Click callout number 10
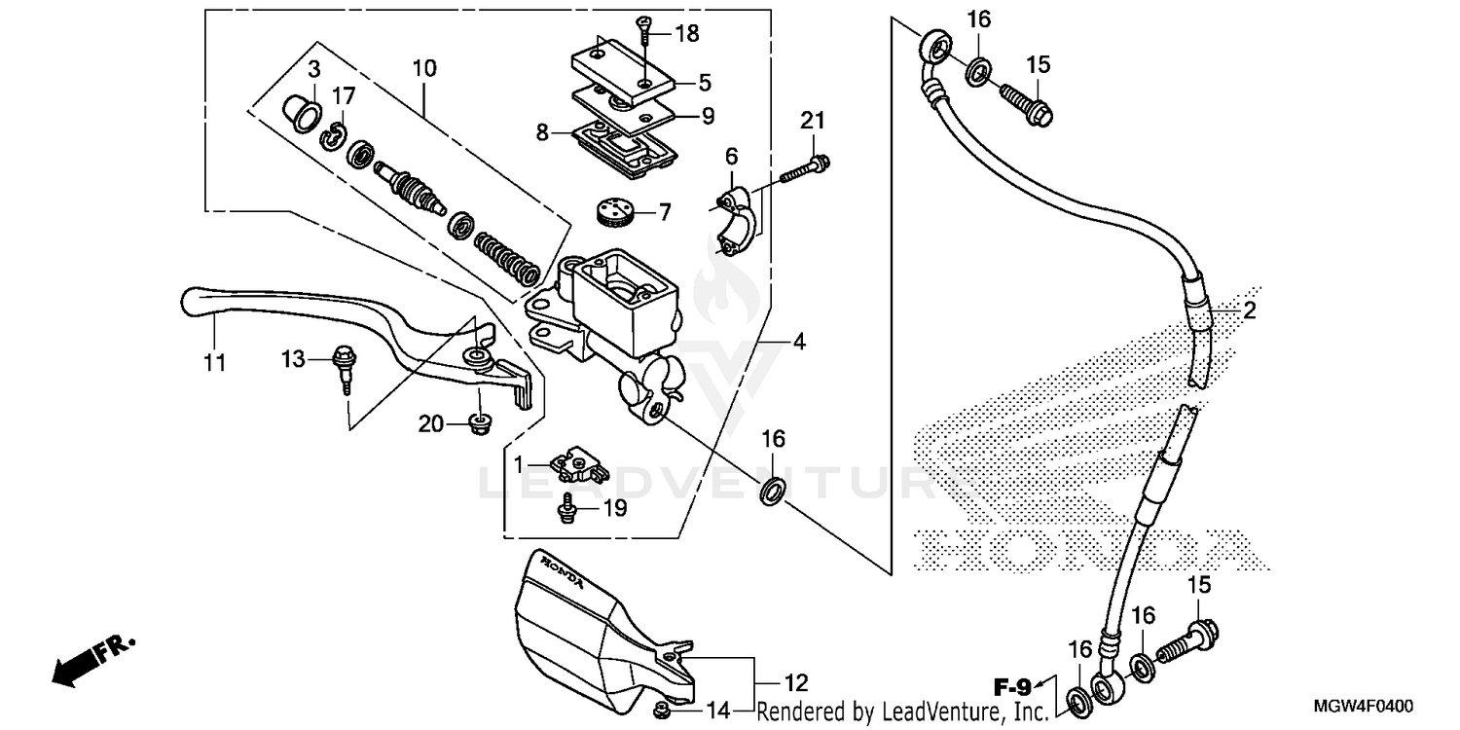424,68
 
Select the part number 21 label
813,121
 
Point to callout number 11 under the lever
214,363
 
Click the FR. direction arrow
92,659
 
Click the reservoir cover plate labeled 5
615,71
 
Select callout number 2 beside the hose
1249,311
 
